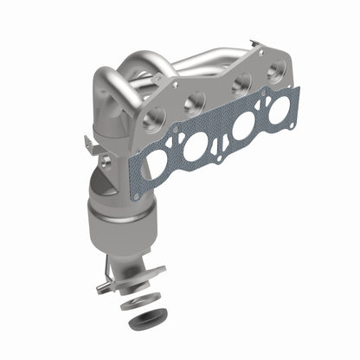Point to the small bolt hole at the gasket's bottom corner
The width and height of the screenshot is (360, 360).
pyautogui.click(x=136, y=196)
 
